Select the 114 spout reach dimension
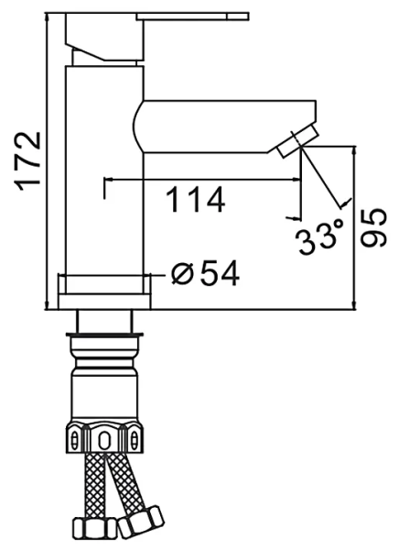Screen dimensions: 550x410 (x=195, y=199)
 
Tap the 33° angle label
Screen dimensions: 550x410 (x=318, y=240)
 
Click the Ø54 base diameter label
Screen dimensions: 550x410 (x=206, y=272)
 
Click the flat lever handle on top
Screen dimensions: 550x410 (x=192, y=17)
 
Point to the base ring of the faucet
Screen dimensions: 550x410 (x=103, y=291)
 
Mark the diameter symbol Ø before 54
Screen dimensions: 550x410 (x=181, y=272)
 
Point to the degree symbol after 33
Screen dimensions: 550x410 (x=340, y=226)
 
